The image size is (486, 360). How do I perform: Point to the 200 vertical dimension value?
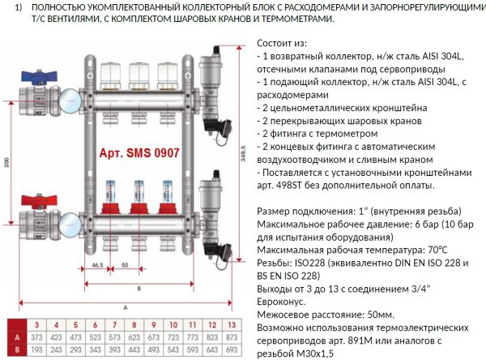pos(6,162)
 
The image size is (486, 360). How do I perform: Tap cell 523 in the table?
pos(97,336)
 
